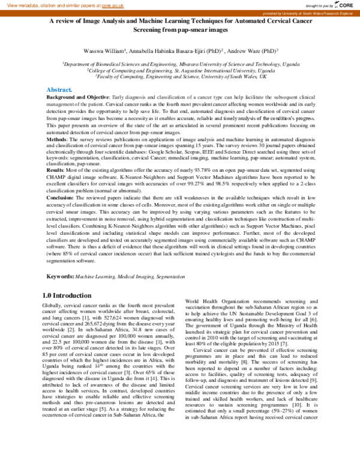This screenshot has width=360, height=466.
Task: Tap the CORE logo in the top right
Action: [x=345, y=5]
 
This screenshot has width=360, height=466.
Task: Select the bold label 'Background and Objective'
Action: [x=77, y=96]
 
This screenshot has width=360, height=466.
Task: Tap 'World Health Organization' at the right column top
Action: [x=216, y=300]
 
